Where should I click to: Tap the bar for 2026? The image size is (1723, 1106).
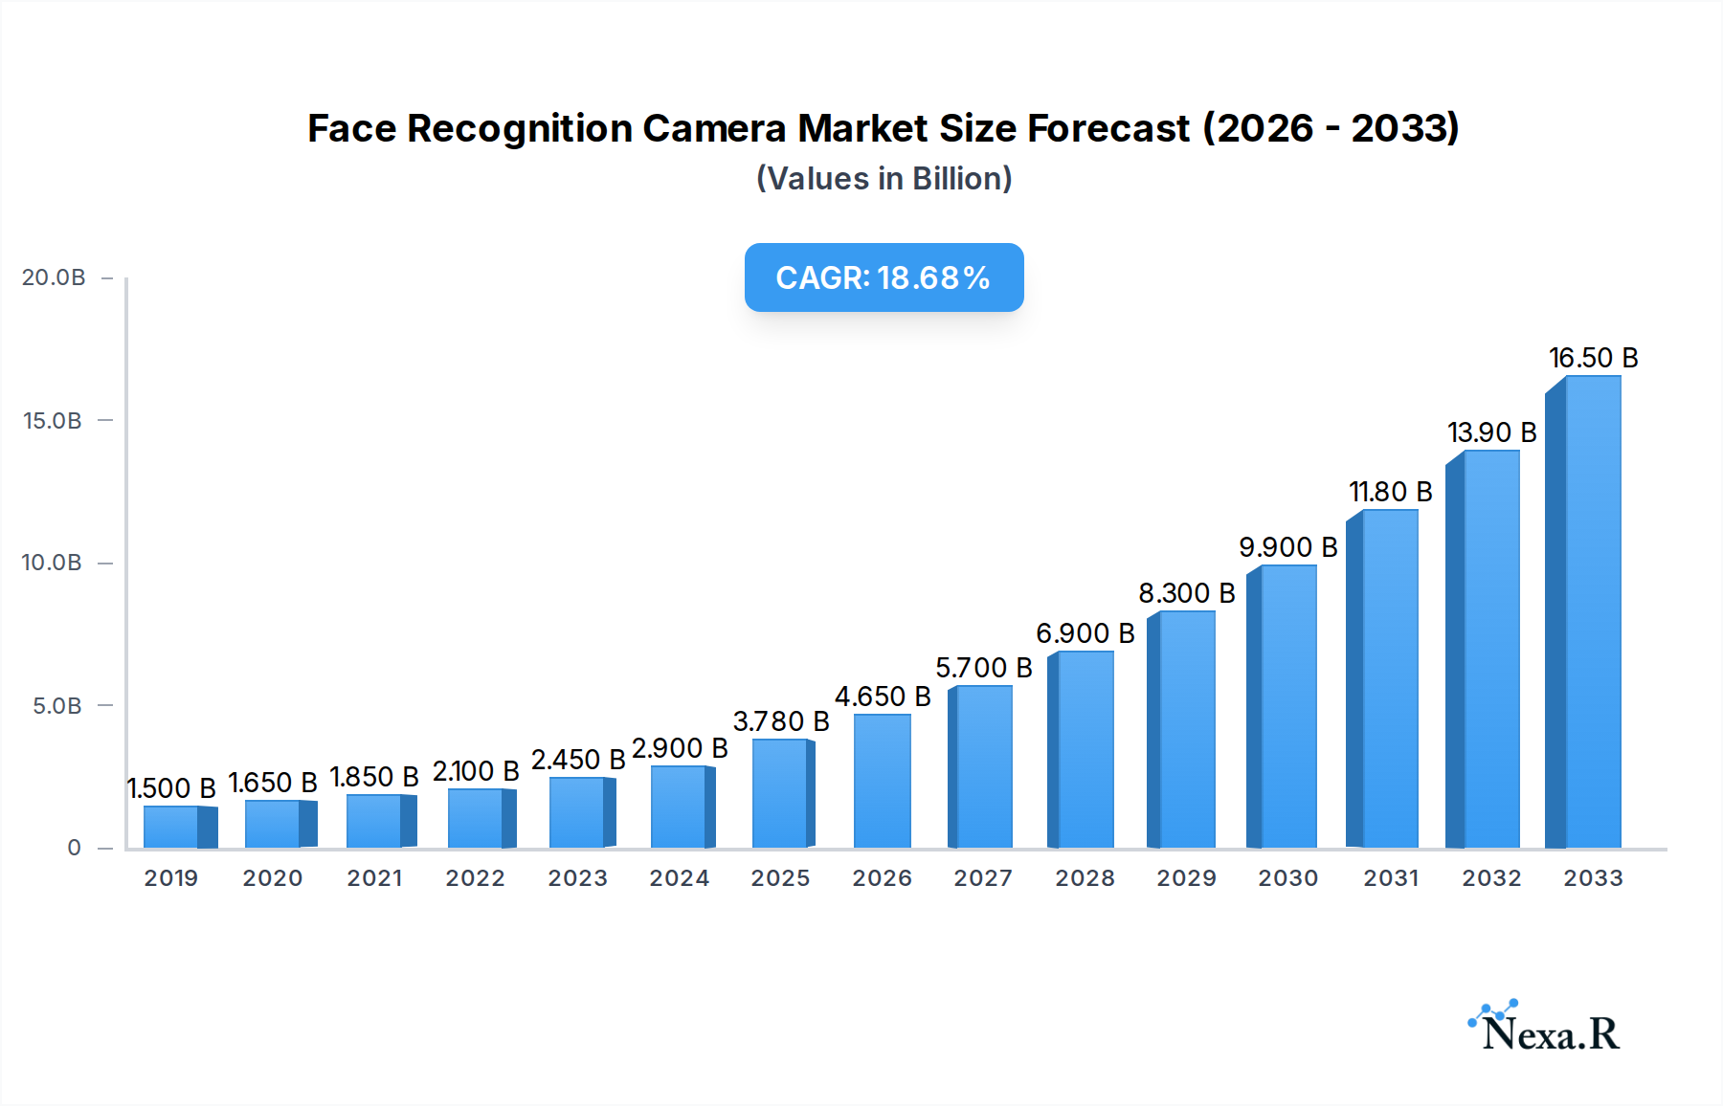882,781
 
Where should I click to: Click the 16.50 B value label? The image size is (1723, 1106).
1594,358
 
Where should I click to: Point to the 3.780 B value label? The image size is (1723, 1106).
781,721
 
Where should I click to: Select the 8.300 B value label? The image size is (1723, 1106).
1187,593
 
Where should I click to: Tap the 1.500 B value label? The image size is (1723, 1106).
172,788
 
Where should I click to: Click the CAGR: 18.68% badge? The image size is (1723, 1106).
884,277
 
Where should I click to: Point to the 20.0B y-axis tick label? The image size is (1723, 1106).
54,277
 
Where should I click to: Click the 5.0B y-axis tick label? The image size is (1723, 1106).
56,706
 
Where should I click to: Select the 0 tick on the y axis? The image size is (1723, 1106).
74,848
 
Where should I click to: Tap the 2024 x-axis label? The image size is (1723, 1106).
679,878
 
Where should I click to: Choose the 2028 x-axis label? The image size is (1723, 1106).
1085,878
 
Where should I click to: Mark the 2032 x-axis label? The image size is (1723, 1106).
1491,878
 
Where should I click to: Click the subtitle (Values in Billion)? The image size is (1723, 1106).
884,179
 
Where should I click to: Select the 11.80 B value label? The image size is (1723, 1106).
1391,492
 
